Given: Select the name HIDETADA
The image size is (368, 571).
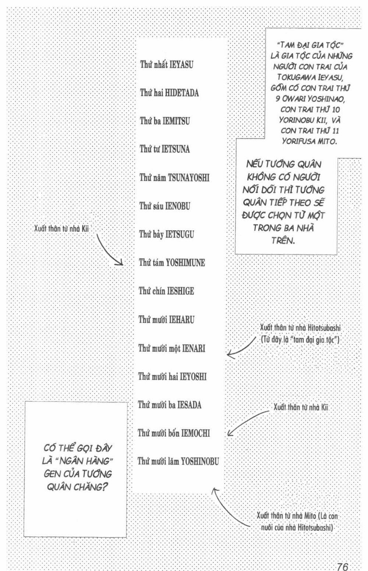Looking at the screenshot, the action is [x=182, y=93].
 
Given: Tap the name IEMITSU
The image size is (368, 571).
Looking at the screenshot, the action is [x=176, y=121].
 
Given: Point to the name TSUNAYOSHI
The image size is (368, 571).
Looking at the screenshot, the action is [x=188, y=178].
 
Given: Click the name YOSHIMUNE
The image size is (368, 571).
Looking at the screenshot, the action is [x=185, y=262].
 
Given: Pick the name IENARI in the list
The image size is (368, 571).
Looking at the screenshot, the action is [x=194, y=348].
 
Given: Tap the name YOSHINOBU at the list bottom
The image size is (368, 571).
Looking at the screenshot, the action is [x=200, y=461].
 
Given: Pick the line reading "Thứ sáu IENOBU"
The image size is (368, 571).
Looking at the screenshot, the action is [x=164, y=206].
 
